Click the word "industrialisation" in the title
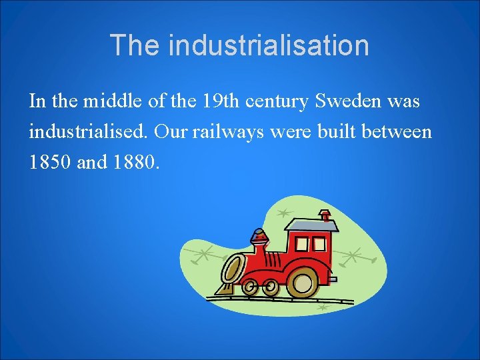[269, 45]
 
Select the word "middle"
[109, 102]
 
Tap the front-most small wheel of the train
[251, 288]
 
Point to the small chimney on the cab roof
[325, 215]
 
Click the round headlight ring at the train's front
[232, 269]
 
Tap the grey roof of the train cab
[311, 225]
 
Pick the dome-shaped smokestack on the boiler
[259, 237]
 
